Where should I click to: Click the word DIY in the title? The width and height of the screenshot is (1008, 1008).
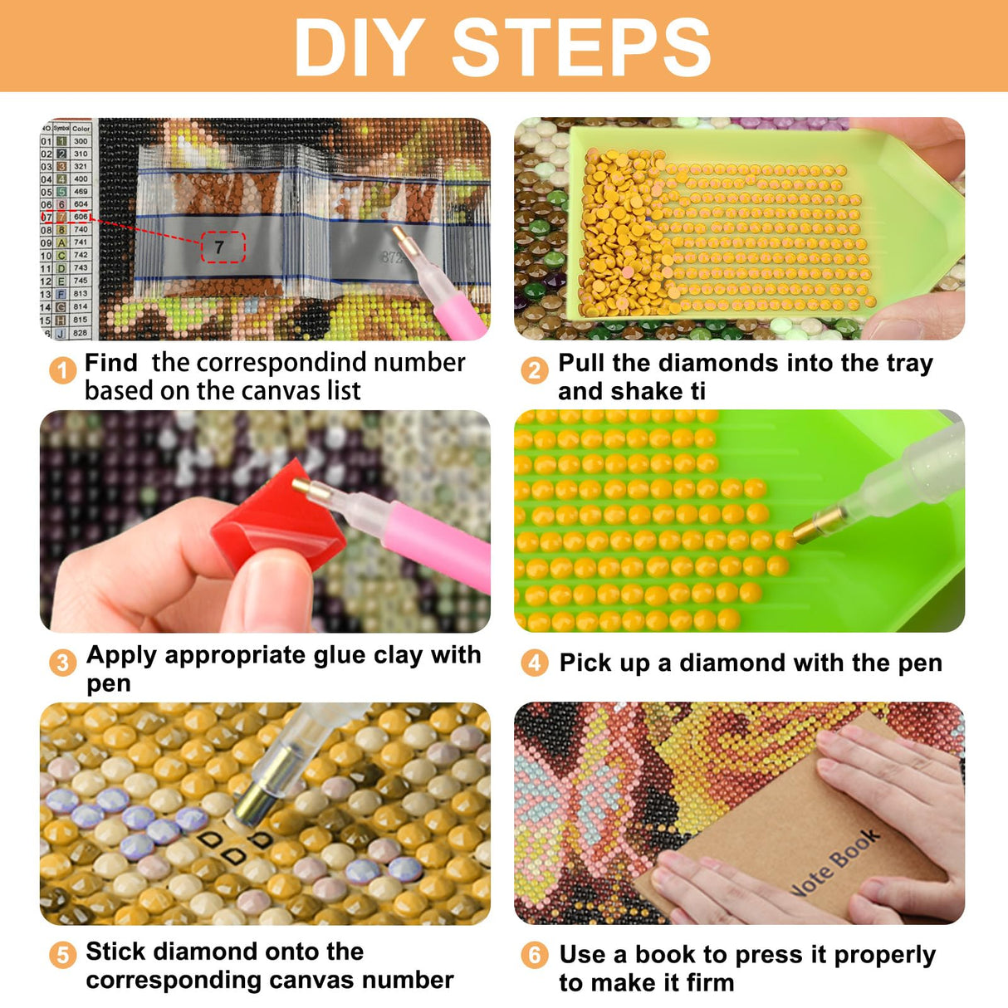(x=359, y=47)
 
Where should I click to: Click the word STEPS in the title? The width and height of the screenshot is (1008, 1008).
(x=580, y=47)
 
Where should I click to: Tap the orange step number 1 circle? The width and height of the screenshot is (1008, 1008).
(x=62, y=369)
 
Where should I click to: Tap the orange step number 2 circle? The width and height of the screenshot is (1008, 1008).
(x=535, y=369)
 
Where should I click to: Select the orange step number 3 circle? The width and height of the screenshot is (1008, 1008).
(x=62, y=663)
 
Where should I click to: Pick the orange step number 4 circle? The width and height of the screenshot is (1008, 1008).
(x=535, y=663)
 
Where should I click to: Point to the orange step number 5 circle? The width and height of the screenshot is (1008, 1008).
(x=62, y=956)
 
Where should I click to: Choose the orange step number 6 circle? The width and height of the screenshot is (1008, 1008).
(x=535, y=956)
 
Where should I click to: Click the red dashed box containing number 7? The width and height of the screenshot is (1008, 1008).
(x=223, y=247)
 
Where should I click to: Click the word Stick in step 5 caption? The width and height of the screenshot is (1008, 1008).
(x=116, y=952)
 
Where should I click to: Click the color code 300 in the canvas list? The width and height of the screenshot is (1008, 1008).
(x=81, y=141)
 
